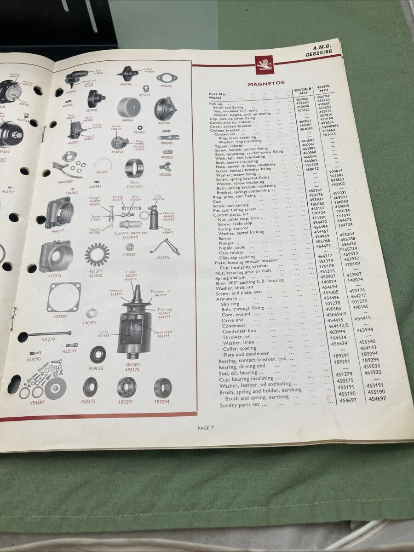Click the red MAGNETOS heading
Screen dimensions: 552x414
pyautogui.click(x=266, y=84)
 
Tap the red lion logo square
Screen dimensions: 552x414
pyautogui.click(x=265, y=63)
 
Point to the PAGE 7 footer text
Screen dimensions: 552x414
pyautogui.click(x=206, y=428)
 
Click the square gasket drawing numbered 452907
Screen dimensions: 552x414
pyautogui.click(x=64, y=297)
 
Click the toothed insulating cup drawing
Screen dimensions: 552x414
pyautogui.click(x=97, y=255)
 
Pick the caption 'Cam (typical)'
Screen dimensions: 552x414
pyautogui.click(x=135, y=184)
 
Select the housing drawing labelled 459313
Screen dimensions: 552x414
pyautogui.click(x=56, y=256)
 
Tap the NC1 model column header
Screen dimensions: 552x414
pyautogui.click(x=322, y=92)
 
